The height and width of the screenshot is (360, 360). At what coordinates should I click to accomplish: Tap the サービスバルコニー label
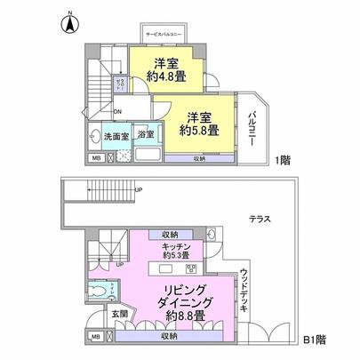coord(163,33)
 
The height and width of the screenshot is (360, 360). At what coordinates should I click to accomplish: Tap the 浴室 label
coord(146,136)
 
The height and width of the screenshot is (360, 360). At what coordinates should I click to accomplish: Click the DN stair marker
coord(119,111)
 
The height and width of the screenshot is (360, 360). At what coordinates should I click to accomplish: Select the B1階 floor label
coord(315,339)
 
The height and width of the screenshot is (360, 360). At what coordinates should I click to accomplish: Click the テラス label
coord(260,219)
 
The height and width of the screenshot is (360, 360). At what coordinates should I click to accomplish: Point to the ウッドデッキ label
coord(244,285)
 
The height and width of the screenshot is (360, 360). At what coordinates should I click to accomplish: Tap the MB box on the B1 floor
coord(96,337)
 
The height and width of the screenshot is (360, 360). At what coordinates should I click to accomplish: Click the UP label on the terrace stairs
coord(138,190)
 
